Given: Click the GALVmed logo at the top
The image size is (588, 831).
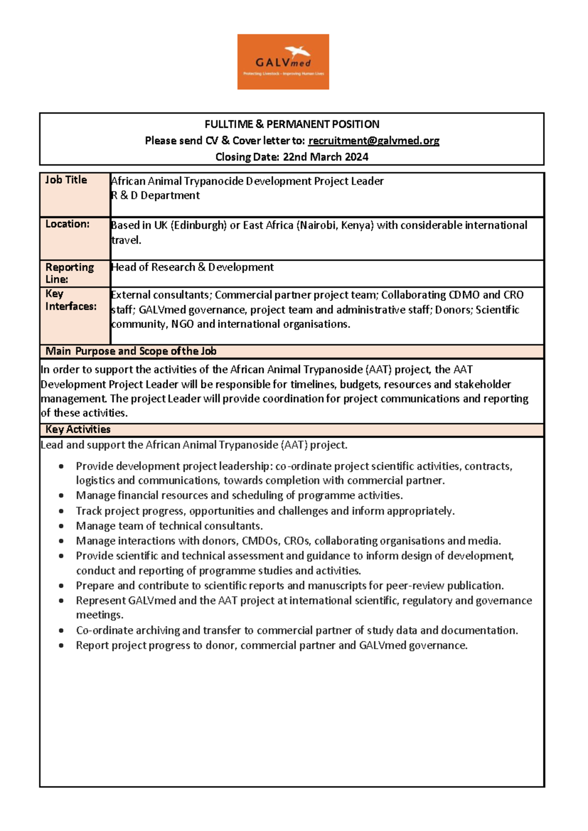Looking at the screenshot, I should (283, 62).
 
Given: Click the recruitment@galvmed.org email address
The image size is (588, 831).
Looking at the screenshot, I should (373, 141).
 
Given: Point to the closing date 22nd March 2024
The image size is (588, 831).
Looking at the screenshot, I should (325, 157).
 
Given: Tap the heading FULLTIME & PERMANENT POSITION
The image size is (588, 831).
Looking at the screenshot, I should (292, 124).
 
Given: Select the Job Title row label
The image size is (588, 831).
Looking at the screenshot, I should (66, 180).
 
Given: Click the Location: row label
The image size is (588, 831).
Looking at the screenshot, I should (68, 224).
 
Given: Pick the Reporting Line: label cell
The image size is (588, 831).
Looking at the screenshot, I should (70, 273).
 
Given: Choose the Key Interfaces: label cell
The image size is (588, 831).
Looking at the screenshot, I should (71, 300).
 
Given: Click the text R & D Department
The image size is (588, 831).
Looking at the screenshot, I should (156, 196).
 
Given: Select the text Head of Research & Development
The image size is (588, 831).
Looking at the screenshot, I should (193, 267).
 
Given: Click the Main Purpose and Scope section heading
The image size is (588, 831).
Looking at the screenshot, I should (131, 351).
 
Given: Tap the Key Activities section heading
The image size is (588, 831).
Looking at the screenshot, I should (78, 429).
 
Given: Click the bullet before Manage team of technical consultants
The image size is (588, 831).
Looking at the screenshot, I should (61, 526).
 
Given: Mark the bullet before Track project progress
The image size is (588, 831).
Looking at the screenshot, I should (61, 511).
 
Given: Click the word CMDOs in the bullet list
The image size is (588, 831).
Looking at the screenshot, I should (260, 541).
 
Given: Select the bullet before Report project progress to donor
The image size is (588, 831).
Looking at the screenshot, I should (61, 645).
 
